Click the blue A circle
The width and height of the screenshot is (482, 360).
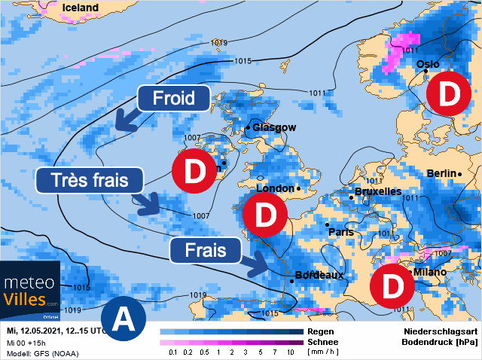tap(122, 319)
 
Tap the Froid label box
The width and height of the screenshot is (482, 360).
tap(173, 98)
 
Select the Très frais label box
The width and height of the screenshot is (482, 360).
tap(90, 179)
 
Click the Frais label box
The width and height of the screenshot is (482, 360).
tap(205, 250)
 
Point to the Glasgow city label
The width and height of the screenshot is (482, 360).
tap(274, 128)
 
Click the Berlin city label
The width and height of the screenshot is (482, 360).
tap(442, 174)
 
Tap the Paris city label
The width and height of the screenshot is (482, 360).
tap(341, 232)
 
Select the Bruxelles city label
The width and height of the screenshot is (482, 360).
tap(377, 192)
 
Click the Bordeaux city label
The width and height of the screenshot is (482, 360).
tap(319, 275)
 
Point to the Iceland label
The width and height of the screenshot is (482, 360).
tap(81, 8)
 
